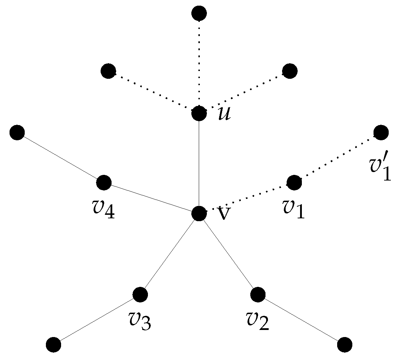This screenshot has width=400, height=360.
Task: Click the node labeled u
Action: pyautogui.click(x=199, y=114)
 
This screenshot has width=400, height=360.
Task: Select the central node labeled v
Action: pyautogui.click(x=199, y=213)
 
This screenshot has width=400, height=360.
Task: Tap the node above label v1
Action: pyautogui.click(x=294, y=183)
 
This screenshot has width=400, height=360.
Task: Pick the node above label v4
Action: pyautogui.click(x=104, y=183)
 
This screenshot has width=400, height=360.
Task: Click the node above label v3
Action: pyautogui.click(x=140, y=294)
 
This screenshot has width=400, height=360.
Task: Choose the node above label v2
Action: pyautogui.click(x=258, y=294)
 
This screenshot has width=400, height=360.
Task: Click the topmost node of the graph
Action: pyautogui.click(x=199, y=13)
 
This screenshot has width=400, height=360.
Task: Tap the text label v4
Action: pyautogui.click(x=103, y=209)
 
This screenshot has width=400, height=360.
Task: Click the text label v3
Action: pyautogui.click(x=140, y=321)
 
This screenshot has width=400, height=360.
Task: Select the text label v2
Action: pyautogui.click(x=258, y=321)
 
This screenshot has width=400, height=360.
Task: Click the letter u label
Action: pyautogui.click(x=224, y=114)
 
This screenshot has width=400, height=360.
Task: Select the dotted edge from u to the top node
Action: pyautogui.click(x=199, y=64)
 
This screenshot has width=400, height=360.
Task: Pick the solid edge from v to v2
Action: pyautogui.click(x=228, y=254)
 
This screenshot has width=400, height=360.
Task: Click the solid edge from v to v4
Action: pyautogui.click(x=151, y=198)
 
